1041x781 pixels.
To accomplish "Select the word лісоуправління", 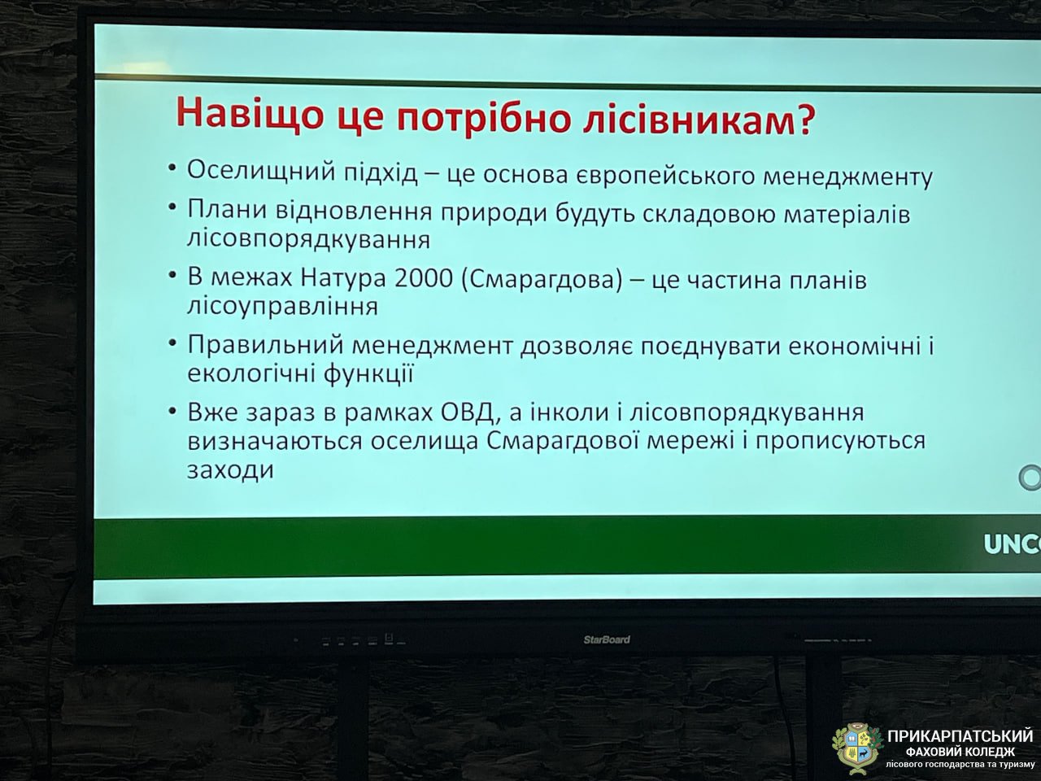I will pos(282,307).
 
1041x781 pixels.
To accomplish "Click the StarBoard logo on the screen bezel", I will pos(606,639).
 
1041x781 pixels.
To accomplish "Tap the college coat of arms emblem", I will pos(857,746).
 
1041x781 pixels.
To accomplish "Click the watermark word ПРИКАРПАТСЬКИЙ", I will pos(960,736).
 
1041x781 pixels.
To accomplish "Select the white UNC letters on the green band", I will pos(1012,544).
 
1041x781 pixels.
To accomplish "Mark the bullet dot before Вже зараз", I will pos(172,412).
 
